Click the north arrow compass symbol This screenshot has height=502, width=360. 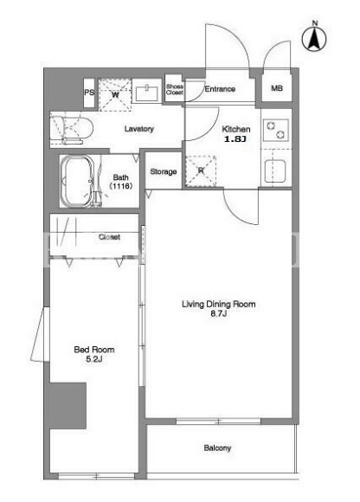click(x=314, y=38)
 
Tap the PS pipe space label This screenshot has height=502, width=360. click(x=89, y=93)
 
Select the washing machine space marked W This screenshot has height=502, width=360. click(x=115, y=94)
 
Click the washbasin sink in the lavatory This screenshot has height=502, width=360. click(x=147, y=93)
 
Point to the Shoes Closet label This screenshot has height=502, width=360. click(x=175, y=89)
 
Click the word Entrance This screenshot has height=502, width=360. click(x=220, y=89)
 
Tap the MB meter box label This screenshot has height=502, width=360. click(x=277, y=87)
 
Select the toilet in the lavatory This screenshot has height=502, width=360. click(x=71, y=129)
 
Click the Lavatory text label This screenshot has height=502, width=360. click(x=138, y=129)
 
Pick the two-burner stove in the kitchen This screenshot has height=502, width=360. click(x=276, y=130)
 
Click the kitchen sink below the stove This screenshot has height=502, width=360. click(x=275, y=171)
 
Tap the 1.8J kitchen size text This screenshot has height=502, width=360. click(x=235, y=139)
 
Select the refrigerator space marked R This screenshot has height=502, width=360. click(x=201, y=171)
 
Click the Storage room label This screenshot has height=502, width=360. click(x=164, y=171)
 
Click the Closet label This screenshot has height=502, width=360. click(x=109, y=237)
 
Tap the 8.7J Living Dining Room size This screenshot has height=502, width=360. click(x=219, y=313)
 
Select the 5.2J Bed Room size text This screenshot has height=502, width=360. click(x=94, y=359)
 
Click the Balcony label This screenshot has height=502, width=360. click(x=217, y=447)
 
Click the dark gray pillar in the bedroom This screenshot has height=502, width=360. click(x=67, y=406)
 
